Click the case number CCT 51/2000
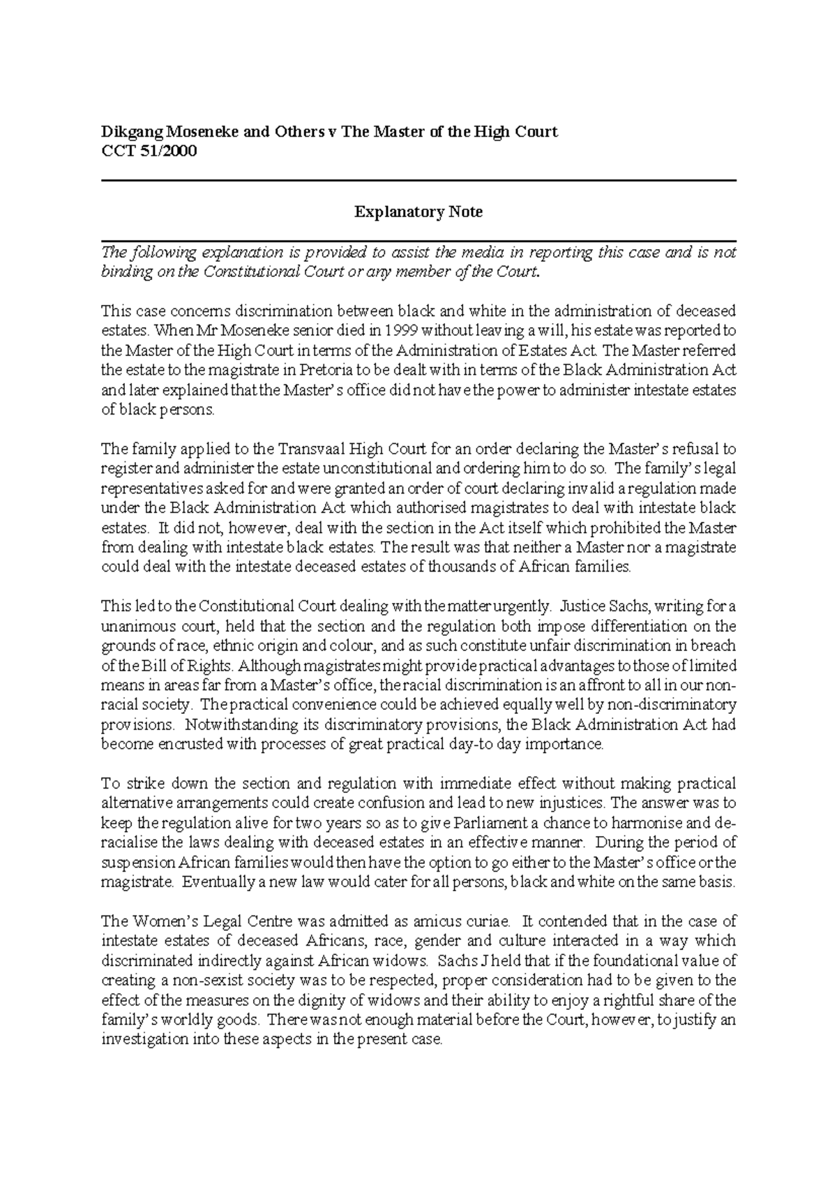click(149, 151)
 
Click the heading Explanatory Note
click(418, 212)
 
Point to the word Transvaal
click(312, 449)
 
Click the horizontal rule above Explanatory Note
click(418, 181)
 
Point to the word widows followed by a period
click(400, 961)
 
